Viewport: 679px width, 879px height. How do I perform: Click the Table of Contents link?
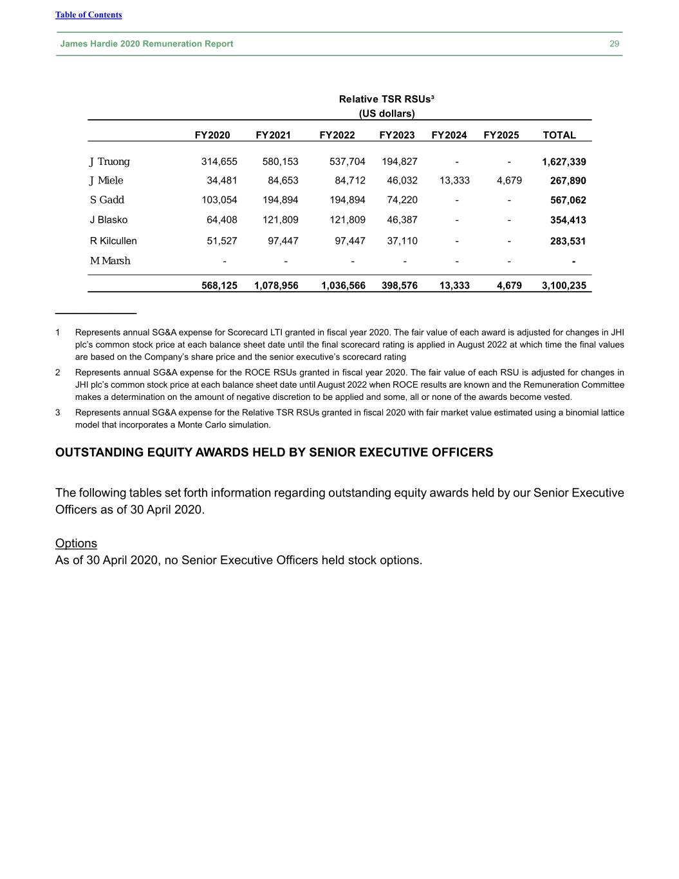(88, 15)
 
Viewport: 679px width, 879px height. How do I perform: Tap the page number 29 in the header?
(614, 44)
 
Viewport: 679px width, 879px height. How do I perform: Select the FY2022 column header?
(337, 135)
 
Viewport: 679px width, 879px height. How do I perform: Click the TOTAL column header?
(559, 135)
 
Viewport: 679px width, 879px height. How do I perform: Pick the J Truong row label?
(109, 162)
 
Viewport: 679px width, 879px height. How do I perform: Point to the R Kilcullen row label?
(113, 241)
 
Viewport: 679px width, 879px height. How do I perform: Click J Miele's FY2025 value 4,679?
(509, 180)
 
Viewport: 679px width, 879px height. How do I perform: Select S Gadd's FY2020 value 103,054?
(219, 200)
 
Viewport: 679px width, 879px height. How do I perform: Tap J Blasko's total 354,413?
(568, 220)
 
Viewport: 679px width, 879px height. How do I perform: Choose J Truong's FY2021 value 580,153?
(280, 162)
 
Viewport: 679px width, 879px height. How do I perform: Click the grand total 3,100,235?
(564, 285)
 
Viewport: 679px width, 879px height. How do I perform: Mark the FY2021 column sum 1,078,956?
(276, 285)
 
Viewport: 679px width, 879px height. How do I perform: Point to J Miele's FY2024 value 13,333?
(454, 180)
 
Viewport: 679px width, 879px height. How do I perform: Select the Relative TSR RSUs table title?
(386, 99)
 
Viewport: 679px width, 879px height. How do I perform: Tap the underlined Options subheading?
(76, 543)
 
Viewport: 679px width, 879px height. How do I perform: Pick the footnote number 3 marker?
(58, 413)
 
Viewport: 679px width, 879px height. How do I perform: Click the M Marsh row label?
(110, 261)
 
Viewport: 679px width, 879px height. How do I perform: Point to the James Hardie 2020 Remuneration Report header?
(147, 44)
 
